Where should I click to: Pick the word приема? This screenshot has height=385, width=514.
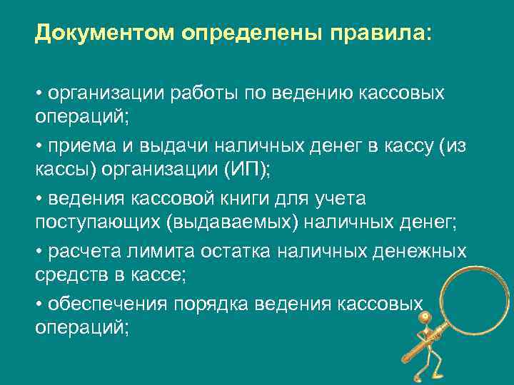point(76,147)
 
